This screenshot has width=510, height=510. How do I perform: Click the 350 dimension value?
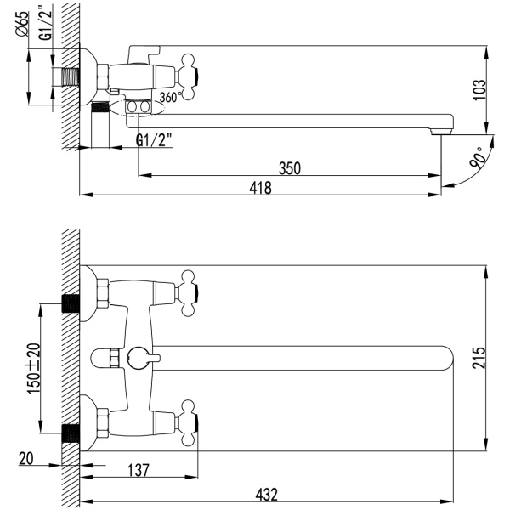tap(290, 168)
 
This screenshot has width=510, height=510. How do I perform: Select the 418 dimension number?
tap(261, 188)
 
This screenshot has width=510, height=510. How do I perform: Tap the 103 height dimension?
tap(479, 90)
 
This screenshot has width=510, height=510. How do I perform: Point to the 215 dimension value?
tap(479, 358)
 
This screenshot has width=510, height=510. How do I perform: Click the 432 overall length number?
tap(267, 495)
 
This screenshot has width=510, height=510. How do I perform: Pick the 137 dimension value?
tap(139, 470)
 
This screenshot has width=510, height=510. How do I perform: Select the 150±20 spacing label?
tap(34, 369)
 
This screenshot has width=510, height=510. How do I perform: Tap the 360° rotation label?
tap(172, 97)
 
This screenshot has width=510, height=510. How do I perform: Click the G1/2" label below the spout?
tap(154, 141)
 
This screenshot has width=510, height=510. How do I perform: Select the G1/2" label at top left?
tap(45, 23)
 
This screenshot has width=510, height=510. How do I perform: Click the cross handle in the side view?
tap(189, 77)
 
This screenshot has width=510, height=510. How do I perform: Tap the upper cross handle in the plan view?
tap(189, 293)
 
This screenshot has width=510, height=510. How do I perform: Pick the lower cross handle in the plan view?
tap(189, 422)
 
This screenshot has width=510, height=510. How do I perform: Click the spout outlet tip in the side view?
tap(441, 132)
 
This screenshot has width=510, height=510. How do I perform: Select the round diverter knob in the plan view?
tap(138, 358)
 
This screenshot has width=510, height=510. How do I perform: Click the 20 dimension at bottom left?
tap(26, 459)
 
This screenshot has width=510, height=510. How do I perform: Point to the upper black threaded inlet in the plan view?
tap(71, 304)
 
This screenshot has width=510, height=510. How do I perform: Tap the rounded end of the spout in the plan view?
tap(450, 358)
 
